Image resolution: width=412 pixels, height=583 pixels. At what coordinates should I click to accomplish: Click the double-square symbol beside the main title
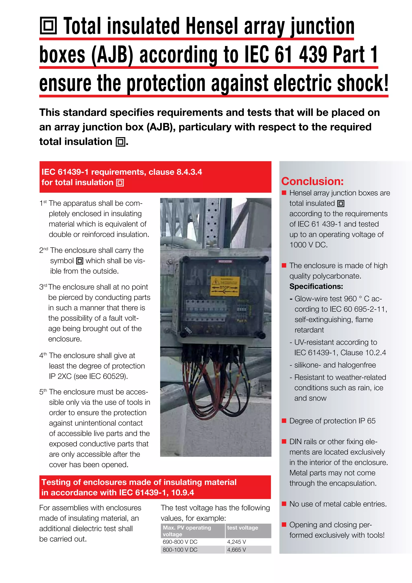[x=48, y=26]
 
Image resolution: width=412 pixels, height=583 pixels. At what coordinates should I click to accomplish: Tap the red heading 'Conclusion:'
[x=312, y=181]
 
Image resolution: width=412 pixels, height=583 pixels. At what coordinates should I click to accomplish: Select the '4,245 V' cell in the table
[x=236, y=542]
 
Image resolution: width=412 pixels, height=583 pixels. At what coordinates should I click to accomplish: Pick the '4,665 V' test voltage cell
[x=236, y=550]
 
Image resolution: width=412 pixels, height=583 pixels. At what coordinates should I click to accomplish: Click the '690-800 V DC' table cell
[x=180, y=542]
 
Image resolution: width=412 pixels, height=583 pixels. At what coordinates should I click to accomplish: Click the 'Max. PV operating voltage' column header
[x=187, y=531]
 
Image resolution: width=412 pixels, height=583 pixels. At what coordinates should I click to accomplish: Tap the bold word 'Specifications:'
[x=316, y=286]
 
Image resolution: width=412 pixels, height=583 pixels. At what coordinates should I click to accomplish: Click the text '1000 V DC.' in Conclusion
[x=308, y=245]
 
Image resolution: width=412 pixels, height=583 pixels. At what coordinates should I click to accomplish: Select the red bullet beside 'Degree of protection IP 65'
[x=284, y=421]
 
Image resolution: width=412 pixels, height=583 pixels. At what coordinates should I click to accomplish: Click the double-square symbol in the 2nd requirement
[x=80, y=261]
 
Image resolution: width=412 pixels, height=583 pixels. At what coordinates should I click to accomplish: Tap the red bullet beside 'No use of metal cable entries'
[x=284, y=504]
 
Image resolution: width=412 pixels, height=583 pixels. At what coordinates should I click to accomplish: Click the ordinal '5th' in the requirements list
[x=43, y=392]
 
